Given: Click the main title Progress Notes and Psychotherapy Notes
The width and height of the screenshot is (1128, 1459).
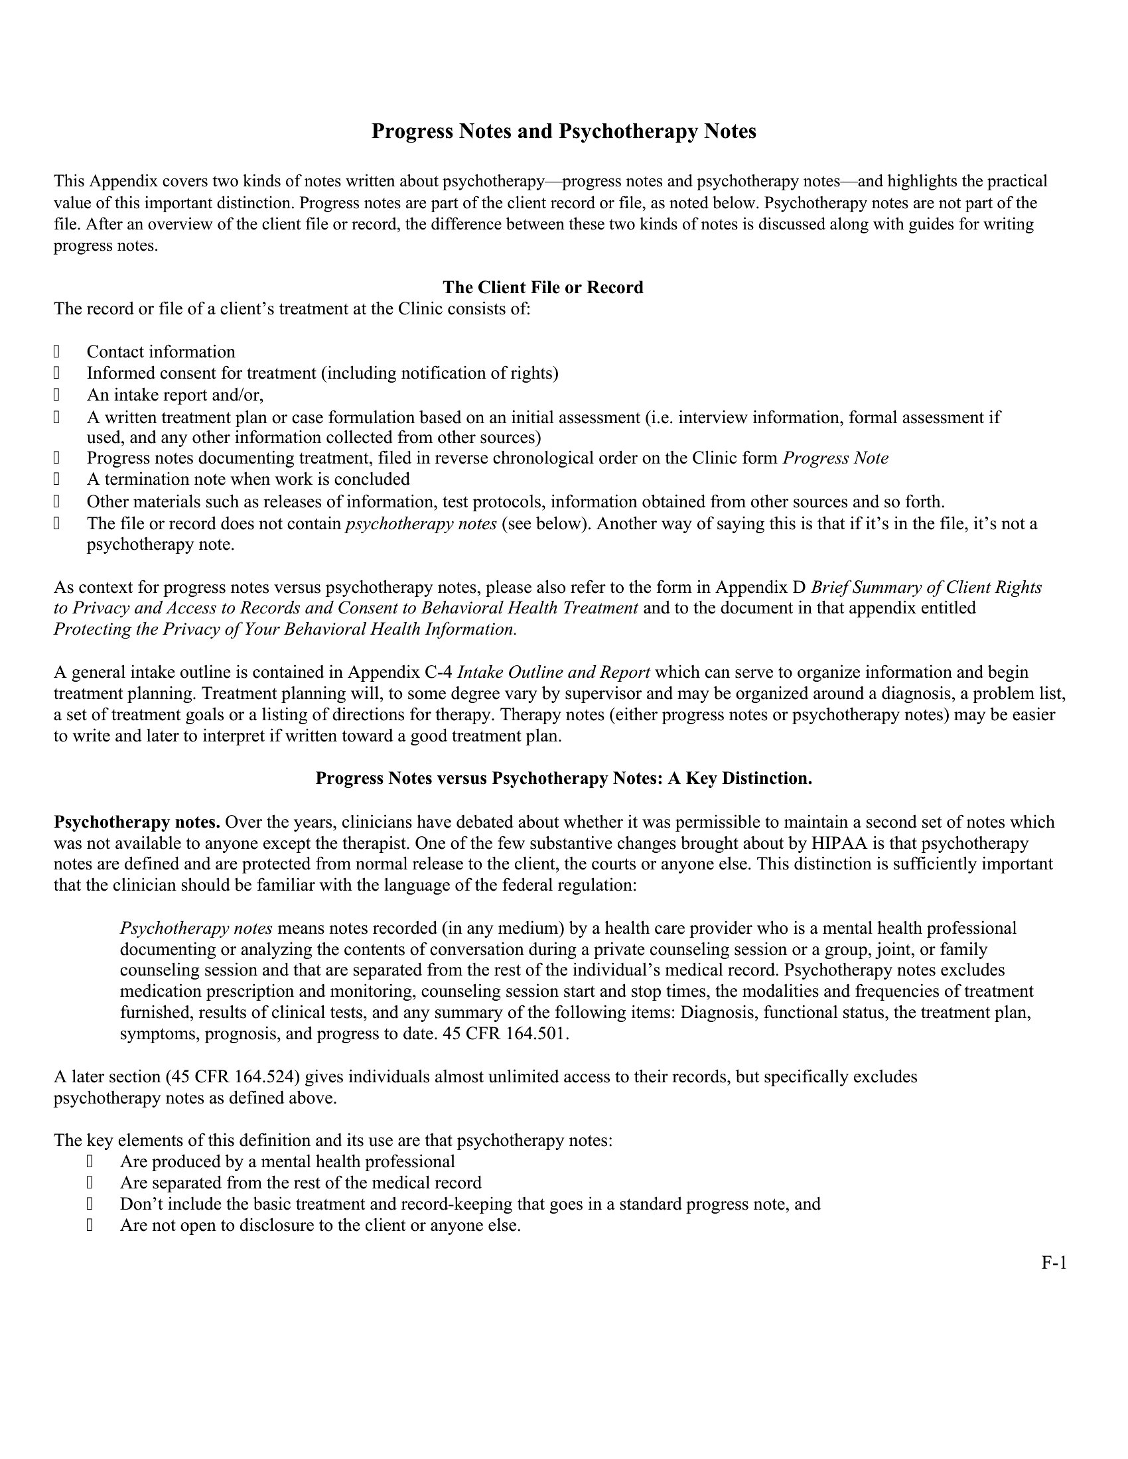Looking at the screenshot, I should pyautogui.click(x=563, y=131).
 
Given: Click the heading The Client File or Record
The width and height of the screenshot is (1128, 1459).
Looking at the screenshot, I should pyautogui.click(x=543, y=287).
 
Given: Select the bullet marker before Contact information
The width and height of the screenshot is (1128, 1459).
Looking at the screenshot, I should pyautogui.click(x=57, y=351).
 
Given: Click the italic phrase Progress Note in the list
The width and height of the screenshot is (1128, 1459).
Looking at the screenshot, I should pyautogui.click(x=835, y=458).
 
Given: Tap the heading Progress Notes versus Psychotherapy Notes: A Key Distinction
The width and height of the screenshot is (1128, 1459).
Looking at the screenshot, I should pyautogui.click(x=563, y=779).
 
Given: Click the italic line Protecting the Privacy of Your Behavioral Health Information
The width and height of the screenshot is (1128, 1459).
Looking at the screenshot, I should pyautogui.click(x=285, y=629).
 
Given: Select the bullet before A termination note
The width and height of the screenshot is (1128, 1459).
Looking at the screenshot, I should pyautogui.click(x=57, y=479).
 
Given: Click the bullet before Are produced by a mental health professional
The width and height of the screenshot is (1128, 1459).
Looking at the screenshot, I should pyautogui.click(x=90, y=1162).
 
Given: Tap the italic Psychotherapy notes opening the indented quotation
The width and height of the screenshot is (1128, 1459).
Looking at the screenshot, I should pyautogui.click(x=196, y=928).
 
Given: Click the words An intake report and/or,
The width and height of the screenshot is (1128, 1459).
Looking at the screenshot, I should pyautogui.click(x=175, y=395).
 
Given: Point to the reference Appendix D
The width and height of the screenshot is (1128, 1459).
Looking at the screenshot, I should pyautogui.click(x=760, y=587).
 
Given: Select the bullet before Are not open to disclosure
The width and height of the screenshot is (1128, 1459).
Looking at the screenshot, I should pyautogui.click(x=90, y=1225).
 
